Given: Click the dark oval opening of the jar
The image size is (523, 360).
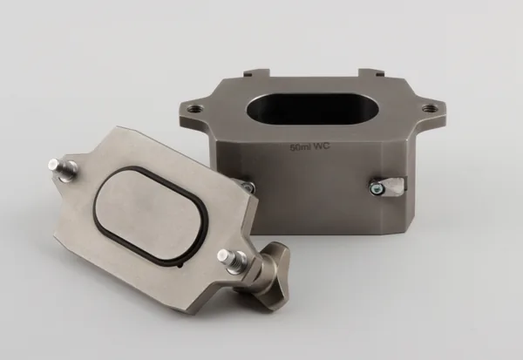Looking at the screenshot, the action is point(312,109).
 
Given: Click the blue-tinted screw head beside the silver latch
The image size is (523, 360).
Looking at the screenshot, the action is point(377,189).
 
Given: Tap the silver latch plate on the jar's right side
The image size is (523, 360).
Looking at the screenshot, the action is point(394,187).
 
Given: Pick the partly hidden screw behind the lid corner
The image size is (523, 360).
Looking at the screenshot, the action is point(248,187).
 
